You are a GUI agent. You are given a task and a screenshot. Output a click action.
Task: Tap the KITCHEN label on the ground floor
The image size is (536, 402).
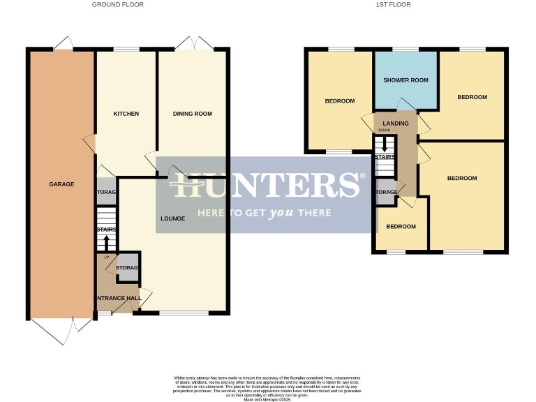[126, 114]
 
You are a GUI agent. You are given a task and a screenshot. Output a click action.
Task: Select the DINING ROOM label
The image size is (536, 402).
[193, 114]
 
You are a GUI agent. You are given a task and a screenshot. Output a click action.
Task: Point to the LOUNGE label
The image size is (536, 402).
[172, 218]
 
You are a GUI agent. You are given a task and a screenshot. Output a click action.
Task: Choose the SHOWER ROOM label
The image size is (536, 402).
[405, 80]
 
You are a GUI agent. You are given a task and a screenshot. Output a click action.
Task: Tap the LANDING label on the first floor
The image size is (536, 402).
[396, 124]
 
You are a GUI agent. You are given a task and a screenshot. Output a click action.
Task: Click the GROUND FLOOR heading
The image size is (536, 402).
[117, 5]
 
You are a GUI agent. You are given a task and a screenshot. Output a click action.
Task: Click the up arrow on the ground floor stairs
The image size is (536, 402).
[106, 243]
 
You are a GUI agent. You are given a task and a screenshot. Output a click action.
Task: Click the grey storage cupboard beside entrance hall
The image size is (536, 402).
[128, 269]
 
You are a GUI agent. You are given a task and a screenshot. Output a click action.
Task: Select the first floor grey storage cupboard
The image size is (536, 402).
[385, 193]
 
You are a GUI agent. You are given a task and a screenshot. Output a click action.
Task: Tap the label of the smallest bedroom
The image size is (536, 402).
[401, 226]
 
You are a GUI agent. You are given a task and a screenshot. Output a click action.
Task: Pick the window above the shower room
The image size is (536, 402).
[405, 49]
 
